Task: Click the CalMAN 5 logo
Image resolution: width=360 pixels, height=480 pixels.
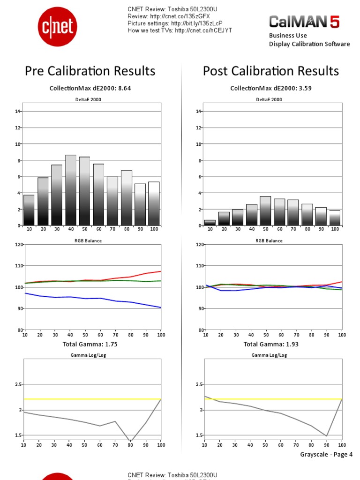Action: (304, 22)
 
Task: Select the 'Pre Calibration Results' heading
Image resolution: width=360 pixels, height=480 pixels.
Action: (90, 71)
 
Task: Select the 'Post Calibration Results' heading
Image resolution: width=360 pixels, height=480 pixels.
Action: (271, 71)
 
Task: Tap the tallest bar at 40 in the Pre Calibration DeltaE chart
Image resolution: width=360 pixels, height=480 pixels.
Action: (71, 190)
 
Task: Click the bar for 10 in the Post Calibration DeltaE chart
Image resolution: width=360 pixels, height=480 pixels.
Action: (210, 223)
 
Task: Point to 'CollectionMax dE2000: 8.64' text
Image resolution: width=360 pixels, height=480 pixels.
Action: (90, 88)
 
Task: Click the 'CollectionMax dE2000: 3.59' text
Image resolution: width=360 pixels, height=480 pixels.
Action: (271, 88)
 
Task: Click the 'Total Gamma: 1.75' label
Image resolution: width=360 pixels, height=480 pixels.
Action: (90, 344)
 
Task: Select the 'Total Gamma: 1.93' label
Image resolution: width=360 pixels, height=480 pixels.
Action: (271, 344)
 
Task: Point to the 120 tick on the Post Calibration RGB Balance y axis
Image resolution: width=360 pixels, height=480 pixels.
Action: (199, 244)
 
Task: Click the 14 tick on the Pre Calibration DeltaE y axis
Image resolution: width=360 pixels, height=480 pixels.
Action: (17, 111)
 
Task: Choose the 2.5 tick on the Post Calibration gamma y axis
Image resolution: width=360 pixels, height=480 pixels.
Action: (198, 384)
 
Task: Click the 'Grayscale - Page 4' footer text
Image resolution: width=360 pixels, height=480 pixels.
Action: (326, 454)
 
